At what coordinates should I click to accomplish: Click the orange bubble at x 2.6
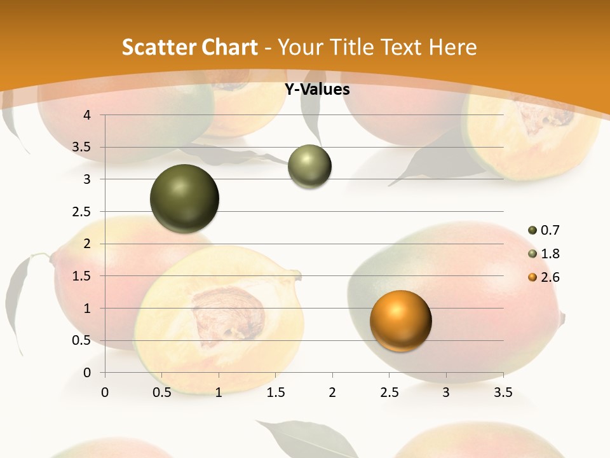tap(400, 321)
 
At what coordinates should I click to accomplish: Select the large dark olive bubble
tap(185, 198)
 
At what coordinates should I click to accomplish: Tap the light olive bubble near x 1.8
tap(309, 167)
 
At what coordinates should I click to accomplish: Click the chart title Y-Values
tap(316, 90)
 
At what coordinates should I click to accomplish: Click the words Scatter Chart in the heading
tap(189, 47)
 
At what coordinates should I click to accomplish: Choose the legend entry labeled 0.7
tap(550, 230)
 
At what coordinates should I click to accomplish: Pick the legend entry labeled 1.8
tap(550, 254)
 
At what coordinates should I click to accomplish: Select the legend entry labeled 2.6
tap(550, 277)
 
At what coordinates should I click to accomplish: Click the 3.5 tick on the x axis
tap(503, 393)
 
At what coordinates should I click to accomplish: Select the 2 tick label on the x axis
tap(332, 393)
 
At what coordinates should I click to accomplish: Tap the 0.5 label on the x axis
tap(161, 393)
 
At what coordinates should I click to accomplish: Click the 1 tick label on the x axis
tap(219, 393)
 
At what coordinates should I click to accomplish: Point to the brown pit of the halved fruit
tap(229, 316)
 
